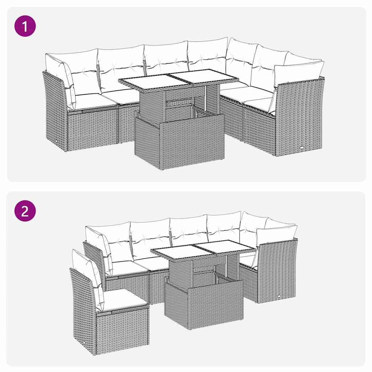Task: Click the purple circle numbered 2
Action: point(25,211)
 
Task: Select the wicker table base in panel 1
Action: point(179,142)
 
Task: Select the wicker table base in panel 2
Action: point(203,305)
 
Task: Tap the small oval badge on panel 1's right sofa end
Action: point(302,147)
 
